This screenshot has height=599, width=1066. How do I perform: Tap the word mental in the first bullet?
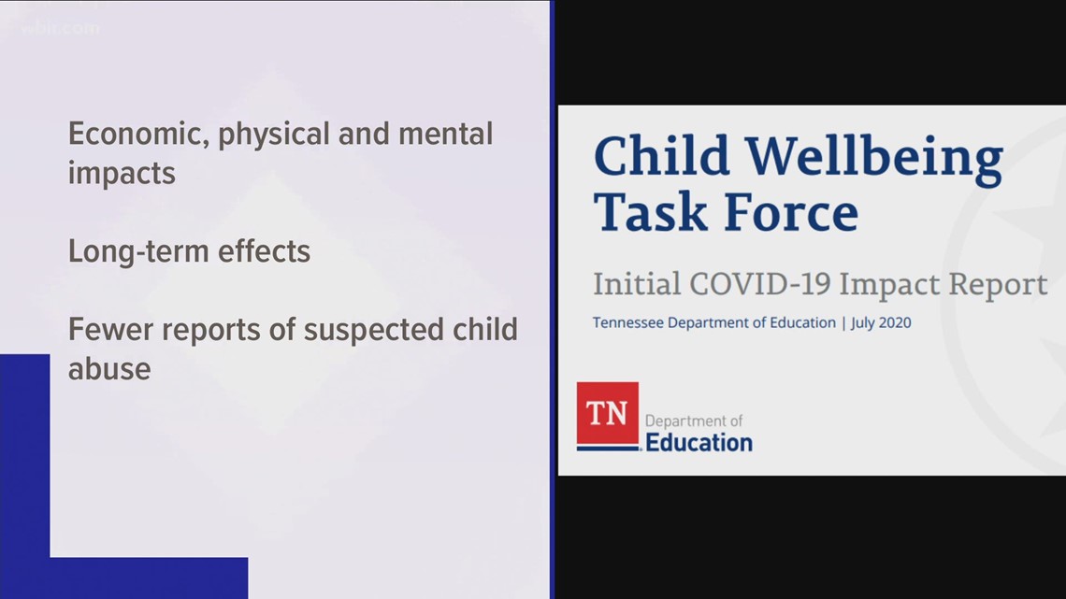(x=445, y=134)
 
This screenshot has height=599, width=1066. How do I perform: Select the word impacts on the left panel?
(x=122, y=174)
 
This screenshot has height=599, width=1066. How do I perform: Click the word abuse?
(x=109, y=368)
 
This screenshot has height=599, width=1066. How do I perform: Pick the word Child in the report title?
(x=661, y=157)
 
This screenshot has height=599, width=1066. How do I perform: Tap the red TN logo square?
(x=607, y=413)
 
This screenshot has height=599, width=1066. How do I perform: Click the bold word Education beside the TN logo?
(x=699, y=442)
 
